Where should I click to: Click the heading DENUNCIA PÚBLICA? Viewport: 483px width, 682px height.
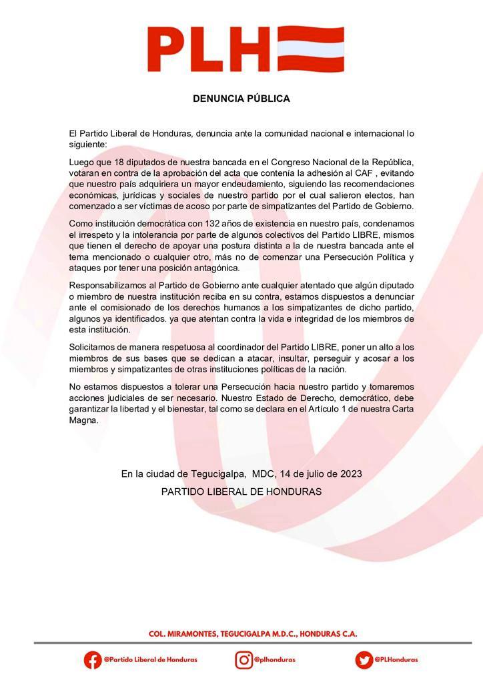tap(241, 99)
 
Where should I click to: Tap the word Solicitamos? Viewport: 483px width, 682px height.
tap(93, 348)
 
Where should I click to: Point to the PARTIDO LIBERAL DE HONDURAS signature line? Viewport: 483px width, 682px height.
tap(241, 492)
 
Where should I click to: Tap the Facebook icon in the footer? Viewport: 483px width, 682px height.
tap(93, 659)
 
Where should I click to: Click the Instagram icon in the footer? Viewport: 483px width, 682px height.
tap(244, 659)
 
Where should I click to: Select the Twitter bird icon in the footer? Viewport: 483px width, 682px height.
tap(364, 659)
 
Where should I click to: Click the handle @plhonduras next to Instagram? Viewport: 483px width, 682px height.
tap(276, 659)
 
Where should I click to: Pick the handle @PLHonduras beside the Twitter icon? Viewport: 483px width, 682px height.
tap(396, 659)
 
